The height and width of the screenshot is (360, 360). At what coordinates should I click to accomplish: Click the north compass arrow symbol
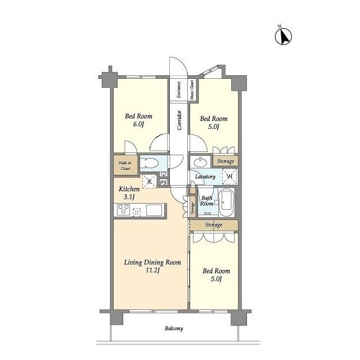[x=283, y=36]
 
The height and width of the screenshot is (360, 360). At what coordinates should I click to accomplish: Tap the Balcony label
[x=174, y=328]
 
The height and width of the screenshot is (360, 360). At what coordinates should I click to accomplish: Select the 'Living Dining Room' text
[x=152, y=263]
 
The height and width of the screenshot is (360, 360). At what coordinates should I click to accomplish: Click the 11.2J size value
[x=152, y=271]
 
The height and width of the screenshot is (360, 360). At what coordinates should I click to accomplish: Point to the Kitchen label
[x=129, y=189]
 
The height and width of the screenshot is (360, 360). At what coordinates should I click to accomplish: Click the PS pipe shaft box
[x=163, y=183]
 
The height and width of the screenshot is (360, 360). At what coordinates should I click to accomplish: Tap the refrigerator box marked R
[x=150, y=181]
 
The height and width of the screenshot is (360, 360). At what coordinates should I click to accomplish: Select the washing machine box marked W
[x=229, y=176]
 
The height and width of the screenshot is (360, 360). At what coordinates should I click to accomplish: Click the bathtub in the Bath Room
[x=227, y=202]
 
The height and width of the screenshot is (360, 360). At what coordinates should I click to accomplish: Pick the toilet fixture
[x=149, y=164]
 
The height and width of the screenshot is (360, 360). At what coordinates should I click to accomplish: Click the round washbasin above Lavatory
[x=200, y=163]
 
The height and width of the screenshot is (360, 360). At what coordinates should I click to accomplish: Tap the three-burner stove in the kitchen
[x=123, y=210]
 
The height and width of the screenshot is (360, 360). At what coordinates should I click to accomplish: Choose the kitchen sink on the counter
[x=154, y=210]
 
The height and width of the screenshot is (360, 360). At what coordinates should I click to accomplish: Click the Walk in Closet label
[x=125, y=165]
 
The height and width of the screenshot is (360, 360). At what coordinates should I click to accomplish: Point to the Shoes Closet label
[x=192, y=90]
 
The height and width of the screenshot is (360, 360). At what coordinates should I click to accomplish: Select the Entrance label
[x=179, y=89]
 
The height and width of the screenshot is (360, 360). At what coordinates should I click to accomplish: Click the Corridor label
[x=179, y=120]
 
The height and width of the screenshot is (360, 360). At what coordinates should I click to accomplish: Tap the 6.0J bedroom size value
[x=138, y=124]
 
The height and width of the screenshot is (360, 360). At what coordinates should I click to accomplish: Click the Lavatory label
[x=205, y=177]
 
